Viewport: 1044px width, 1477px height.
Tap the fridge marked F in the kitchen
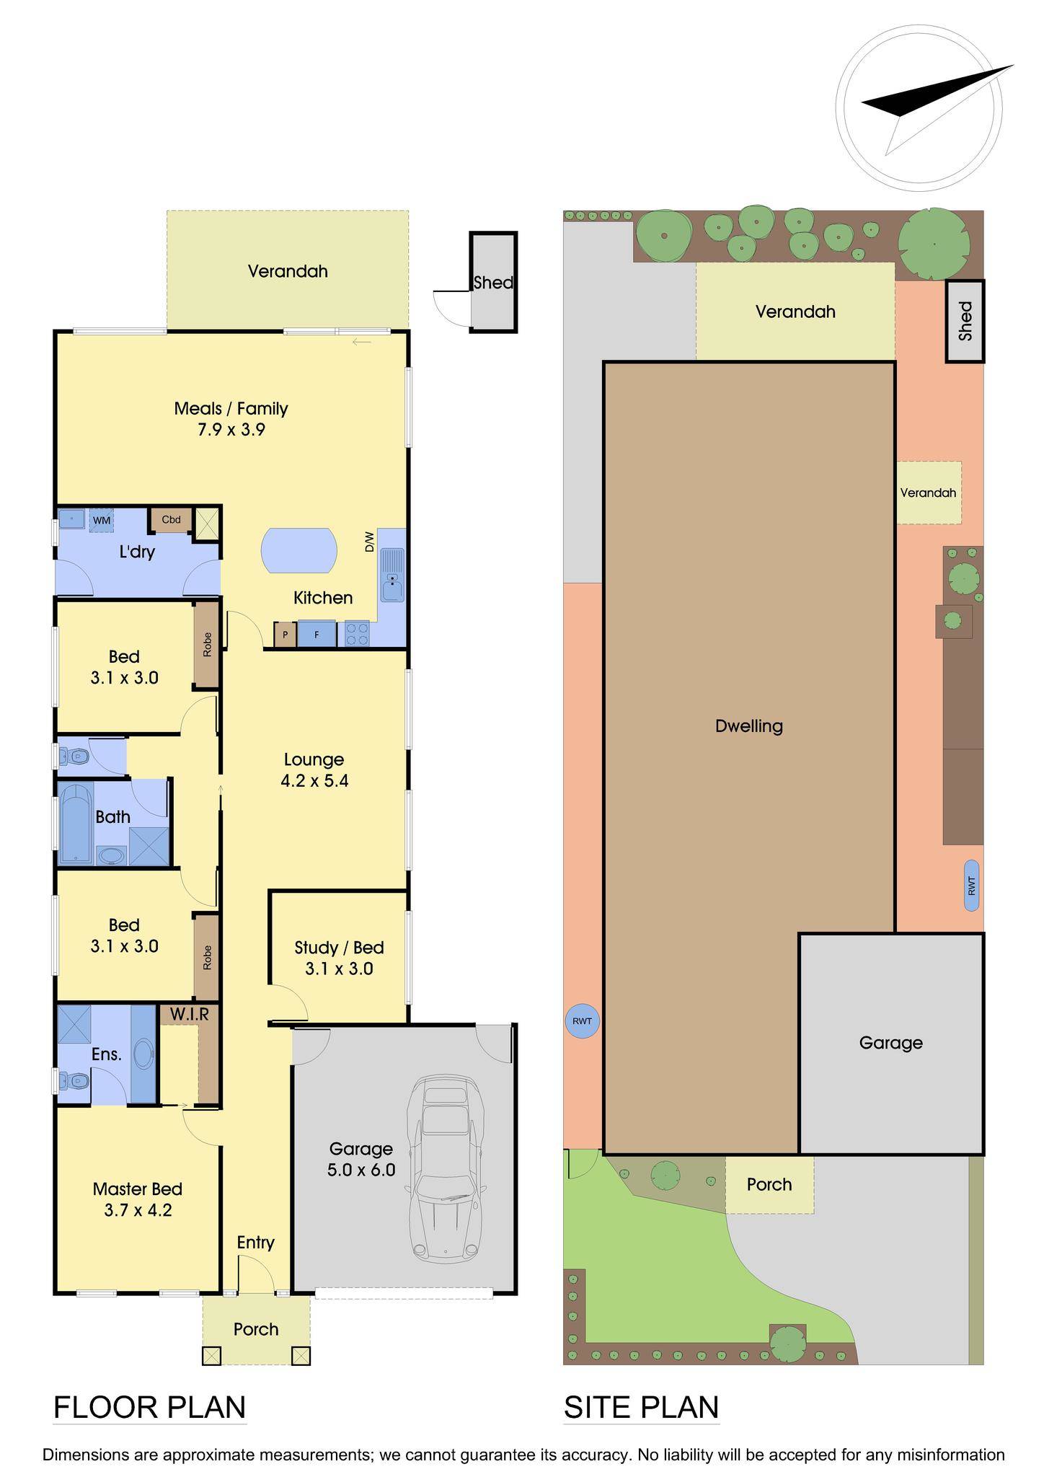point(317,635)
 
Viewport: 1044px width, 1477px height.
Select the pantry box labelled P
point(285,635)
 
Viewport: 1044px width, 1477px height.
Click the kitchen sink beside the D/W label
point(392,575)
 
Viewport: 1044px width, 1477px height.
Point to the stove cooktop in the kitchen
point(357,634)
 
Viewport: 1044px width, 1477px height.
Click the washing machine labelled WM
point(102,520)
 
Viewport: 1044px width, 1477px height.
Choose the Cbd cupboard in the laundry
point(171,520)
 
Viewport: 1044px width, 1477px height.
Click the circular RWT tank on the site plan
point(582,1021)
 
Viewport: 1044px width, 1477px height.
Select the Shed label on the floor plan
point(493,283)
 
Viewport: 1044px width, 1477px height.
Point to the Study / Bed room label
point(339,947)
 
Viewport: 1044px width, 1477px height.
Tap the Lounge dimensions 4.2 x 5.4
point(314,780)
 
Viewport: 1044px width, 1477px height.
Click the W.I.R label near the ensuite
point(190,1015)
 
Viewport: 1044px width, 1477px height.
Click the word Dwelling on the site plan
point(749,726)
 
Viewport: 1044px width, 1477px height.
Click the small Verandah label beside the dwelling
point(928,493)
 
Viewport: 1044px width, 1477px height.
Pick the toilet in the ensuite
point(75,1080)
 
